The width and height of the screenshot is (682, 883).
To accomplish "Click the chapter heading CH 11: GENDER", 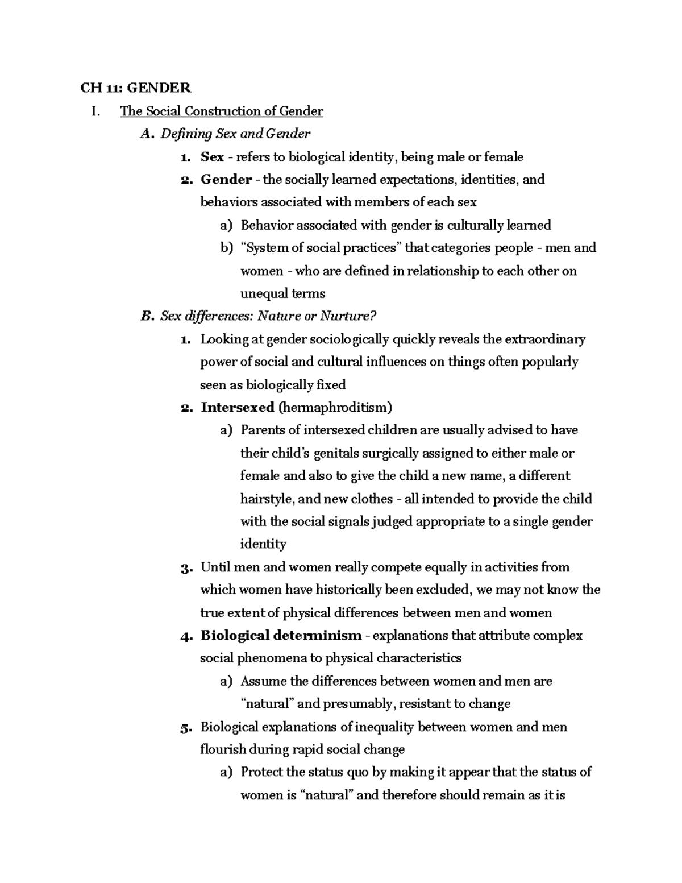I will pos(136,88).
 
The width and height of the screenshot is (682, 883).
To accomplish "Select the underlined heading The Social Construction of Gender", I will pos(221,111).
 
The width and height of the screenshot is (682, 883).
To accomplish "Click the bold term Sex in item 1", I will pos(212,157).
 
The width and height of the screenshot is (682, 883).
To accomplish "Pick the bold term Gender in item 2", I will pos(226,180).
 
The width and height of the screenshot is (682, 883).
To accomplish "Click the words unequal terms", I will pos(283,294).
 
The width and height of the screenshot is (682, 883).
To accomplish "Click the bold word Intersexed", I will pos(237,408).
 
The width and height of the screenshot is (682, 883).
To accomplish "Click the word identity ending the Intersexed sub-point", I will pos(263,545).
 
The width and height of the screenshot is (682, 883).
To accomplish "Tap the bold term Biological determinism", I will pos(281,636).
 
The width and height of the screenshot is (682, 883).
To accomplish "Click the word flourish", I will pos(223,749).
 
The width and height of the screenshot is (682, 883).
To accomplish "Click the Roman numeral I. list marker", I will pos(95,111).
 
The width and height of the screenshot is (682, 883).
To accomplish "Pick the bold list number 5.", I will pos(185,727).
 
